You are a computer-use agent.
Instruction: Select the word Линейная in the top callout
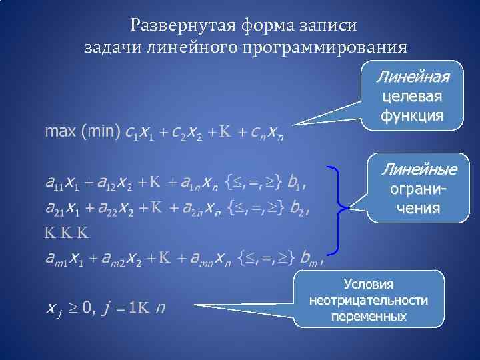[x=412, y=77]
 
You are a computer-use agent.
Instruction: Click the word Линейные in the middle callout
[x=419, y=169]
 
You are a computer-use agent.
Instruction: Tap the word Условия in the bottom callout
[x=369, y=284]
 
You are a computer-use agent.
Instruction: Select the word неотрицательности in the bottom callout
[x=369, y=300]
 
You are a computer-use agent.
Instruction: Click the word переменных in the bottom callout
[x=369, y=316]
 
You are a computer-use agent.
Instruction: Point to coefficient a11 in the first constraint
[x=54, y=181]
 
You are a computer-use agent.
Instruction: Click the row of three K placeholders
[x=67, y=233]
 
